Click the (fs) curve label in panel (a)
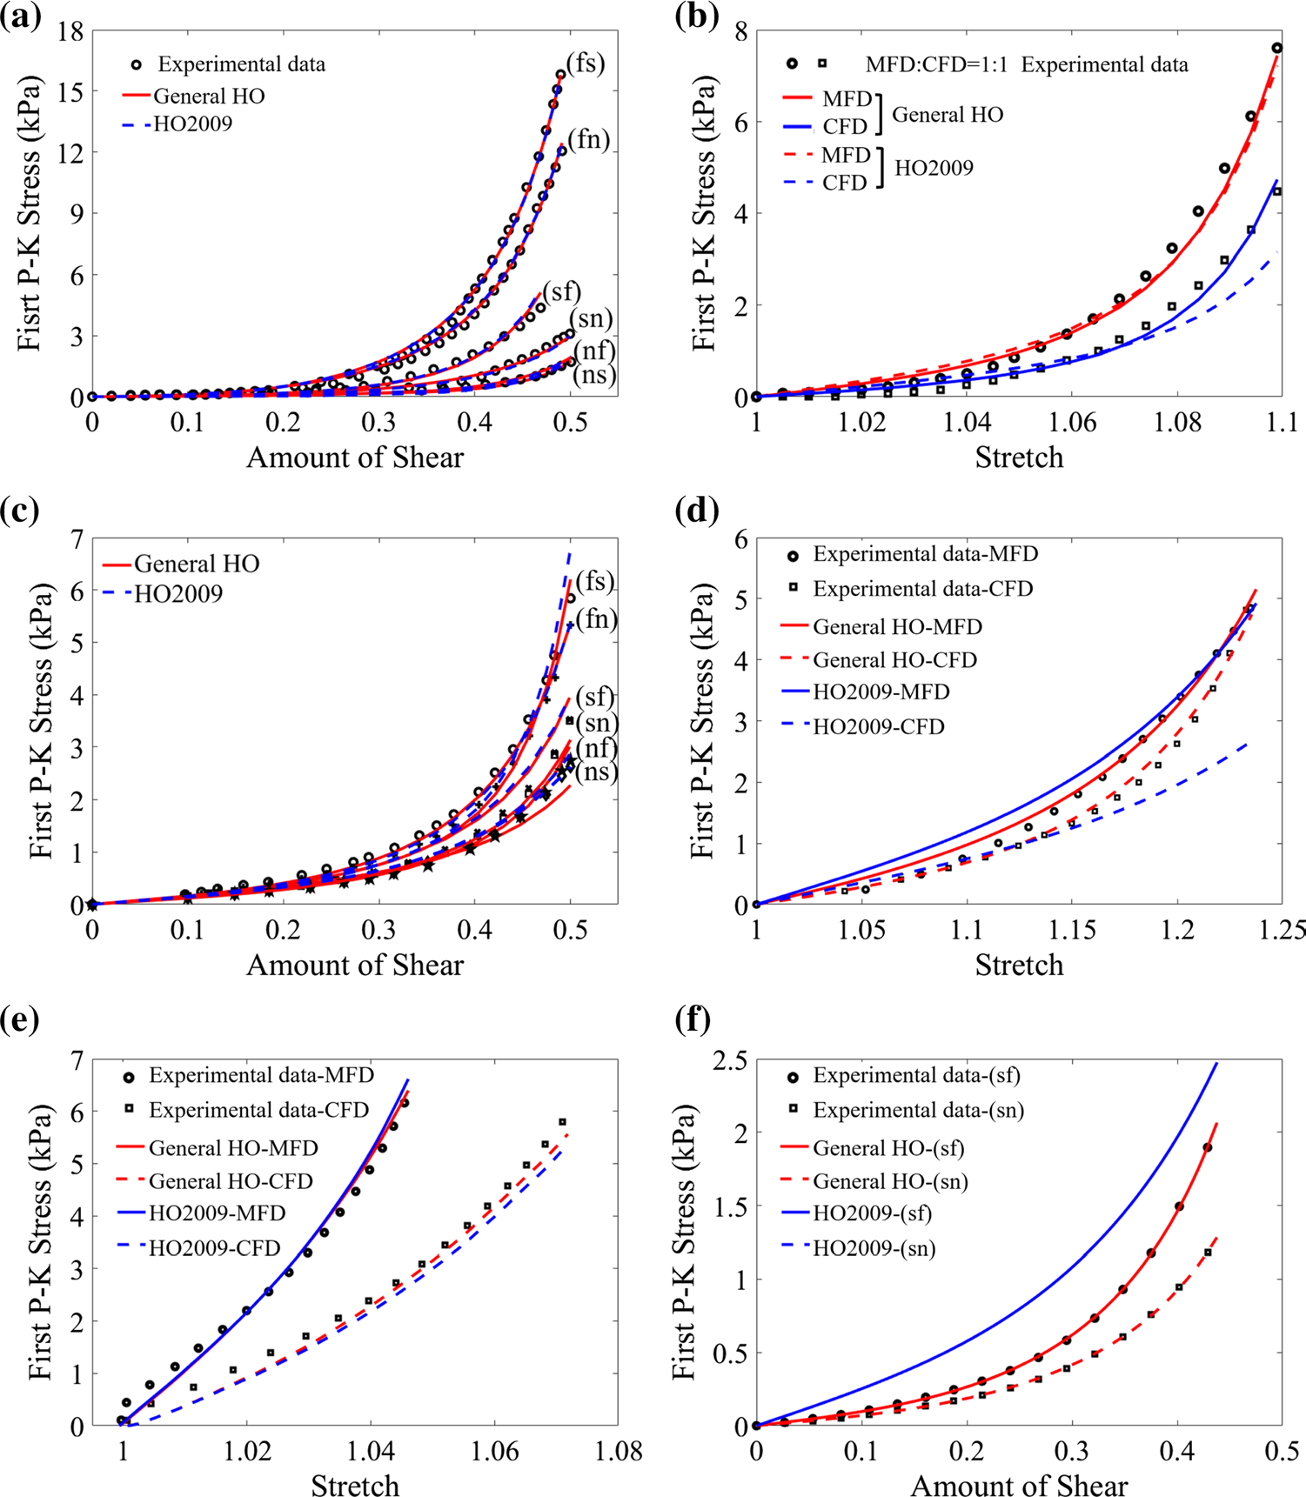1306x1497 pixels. coord(585,63)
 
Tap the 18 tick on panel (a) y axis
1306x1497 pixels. coord(70,32)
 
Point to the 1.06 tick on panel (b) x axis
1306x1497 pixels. coord(1072,423)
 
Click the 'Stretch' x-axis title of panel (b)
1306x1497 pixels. coord(1019,457)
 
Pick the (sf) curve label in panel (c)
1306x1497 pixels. coord(595,697)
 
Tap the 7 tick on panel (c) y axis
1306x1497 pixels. coord(77,539)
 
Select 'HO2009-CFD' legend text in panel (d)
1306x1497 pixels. coord(879,726)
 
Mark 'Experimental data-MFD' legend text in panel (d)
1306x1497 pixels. coord(926,554)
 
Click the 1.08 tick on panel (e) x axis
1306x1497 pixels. coord(620,1452)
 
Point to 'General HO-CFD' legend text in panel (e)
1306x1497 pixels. coord(231,1181)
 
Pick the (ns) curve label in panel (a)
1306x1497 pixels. coord(594,376)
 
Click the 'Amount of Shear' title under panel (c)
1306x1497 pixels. coord(355,965)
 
